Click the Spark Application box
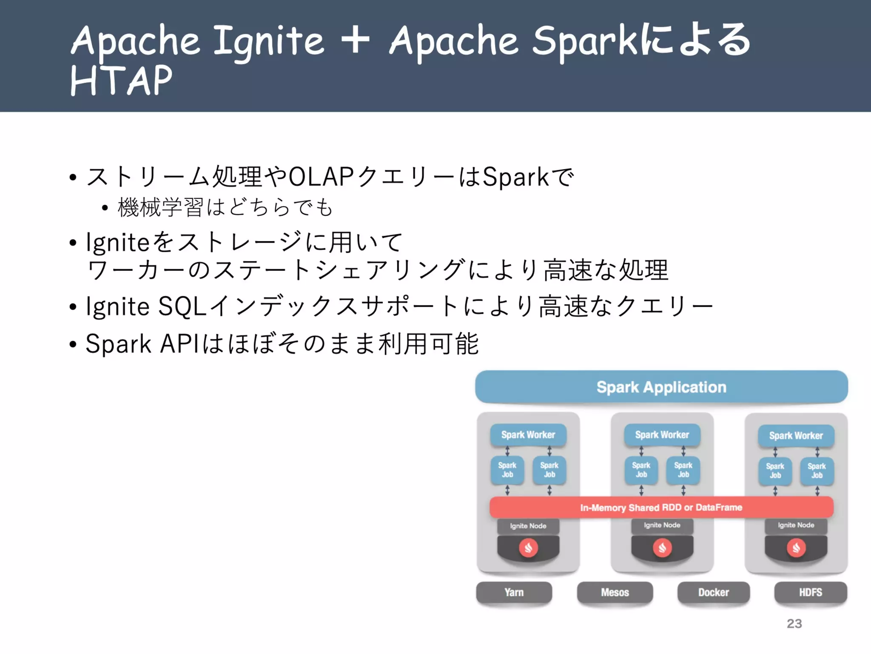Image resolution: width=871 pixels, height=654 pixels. point(661,387)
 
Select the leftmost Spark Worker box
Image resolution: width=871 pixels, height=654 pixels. point(528,435)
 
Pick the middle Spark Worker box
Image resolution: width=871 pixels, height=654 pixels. point(662,435)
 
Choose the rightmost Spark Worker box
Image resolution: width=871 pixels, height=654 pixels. point(796,436)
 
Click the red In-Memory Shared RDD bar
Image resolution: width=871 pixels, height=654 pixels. point(661,507)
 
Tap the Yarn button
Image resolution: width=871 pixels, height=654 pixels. point(514,592)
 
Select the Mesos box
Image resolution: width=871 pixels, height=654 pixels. point(615,592)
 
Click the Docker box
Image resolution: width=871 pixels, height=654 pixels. point(713,592)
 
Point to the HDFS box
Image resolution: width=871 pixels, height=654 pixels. point(810,592)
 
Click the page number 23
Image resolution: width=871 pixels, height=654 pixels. point(794,623)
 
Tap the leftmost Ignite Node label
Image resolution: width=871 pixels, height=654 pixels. point(528,526)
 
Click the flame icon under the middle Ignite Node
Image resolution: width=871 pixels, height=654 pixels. point(662,548)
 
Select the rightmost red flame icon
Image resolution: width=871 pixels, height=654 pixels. point(796,548)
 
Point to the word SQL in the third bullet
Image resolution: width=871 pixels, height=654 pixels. point(182,306)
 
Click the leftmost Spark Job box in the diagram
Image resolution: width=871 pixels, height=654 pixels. point(507,470)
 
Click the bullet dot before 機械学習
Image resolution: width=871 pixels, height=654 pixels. point(105,208)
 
